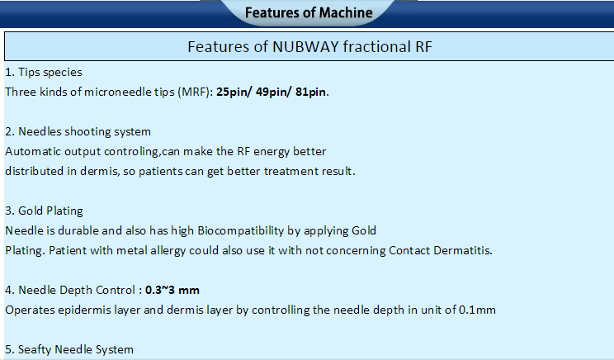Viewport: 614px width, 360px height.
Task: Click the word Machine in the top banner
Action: coord(346,12)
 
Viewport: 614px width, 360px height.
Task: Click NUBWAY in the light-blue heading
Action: coord(305,46)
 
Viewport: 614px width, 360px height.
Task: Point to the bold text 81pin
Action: coord(311,92)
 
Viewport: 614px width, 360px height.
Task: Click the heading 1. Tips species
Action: coord(44,73)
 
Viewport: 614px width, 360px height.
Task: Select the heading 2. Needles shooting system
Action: coord(78,131)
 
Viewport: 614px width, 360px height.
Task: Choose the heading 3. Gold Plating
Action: coord(44,211)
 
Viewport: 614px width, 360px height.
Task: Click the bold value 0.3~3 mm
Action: coord(172,291)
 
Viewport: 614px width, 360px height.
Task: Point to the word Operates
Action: coord(30,310)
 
